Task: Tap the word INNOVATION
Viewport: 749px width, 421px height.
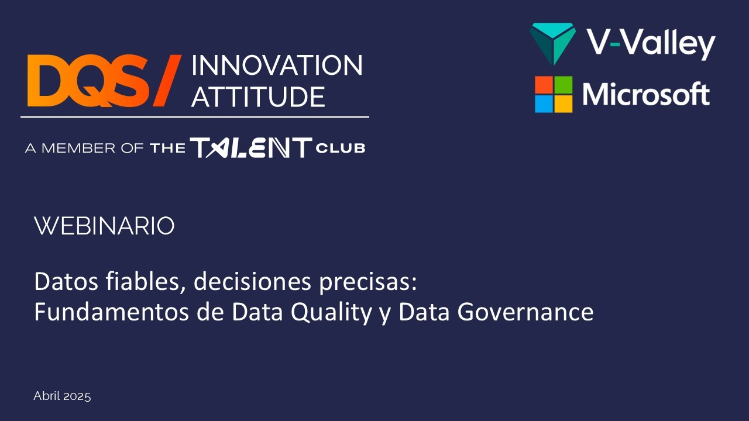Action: click(x=277, y=65)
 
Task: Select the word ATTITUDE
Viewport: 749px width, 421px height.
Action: click(x=258, y=96)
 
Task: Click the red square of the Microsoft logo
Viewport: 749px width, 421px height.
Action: click(x=544, y=85)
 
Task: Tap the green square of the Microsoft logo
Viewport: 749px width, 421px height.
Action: click(x=564, y=85)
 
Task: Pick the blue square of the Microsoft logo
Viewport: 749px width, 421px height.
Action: click(x=544, y=103)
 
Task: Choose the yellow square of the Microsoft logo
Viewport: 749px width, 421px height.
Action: click(x=564, y=103)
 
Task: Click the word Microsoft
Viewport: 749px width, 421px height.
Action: click(x=646, y=94)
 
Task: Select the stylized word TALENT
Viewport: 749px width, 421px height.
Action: click(x=250, y=148)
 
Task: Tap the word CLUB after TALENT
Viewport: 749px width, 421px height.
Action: click(x=340, y=149)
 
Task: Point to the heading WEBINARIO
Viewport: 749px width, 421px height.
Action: click(x=104, y=226)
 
